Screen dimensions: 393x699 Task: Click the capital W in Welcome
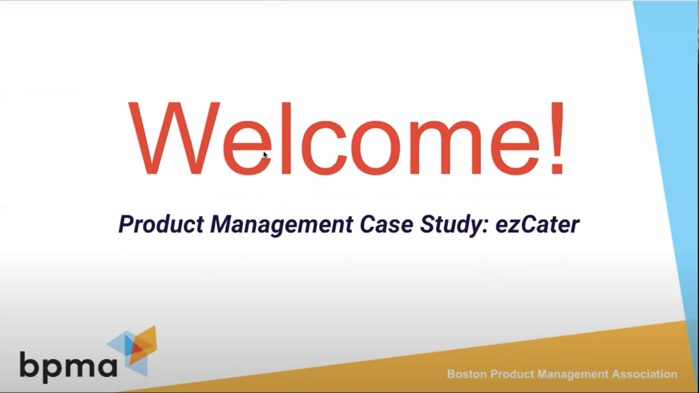pos(174,138)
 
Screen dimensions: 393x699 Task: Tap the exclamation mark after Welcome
pos(557,138)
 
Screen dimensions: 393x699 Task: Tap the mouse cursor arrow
pos(265,155)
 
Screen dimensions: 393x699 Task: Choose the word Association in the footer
pos(645,374)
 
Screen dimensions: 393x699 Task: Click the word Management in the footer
pos(573,374)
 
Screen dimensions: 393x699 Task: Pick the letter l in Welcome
pos(286,138)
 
